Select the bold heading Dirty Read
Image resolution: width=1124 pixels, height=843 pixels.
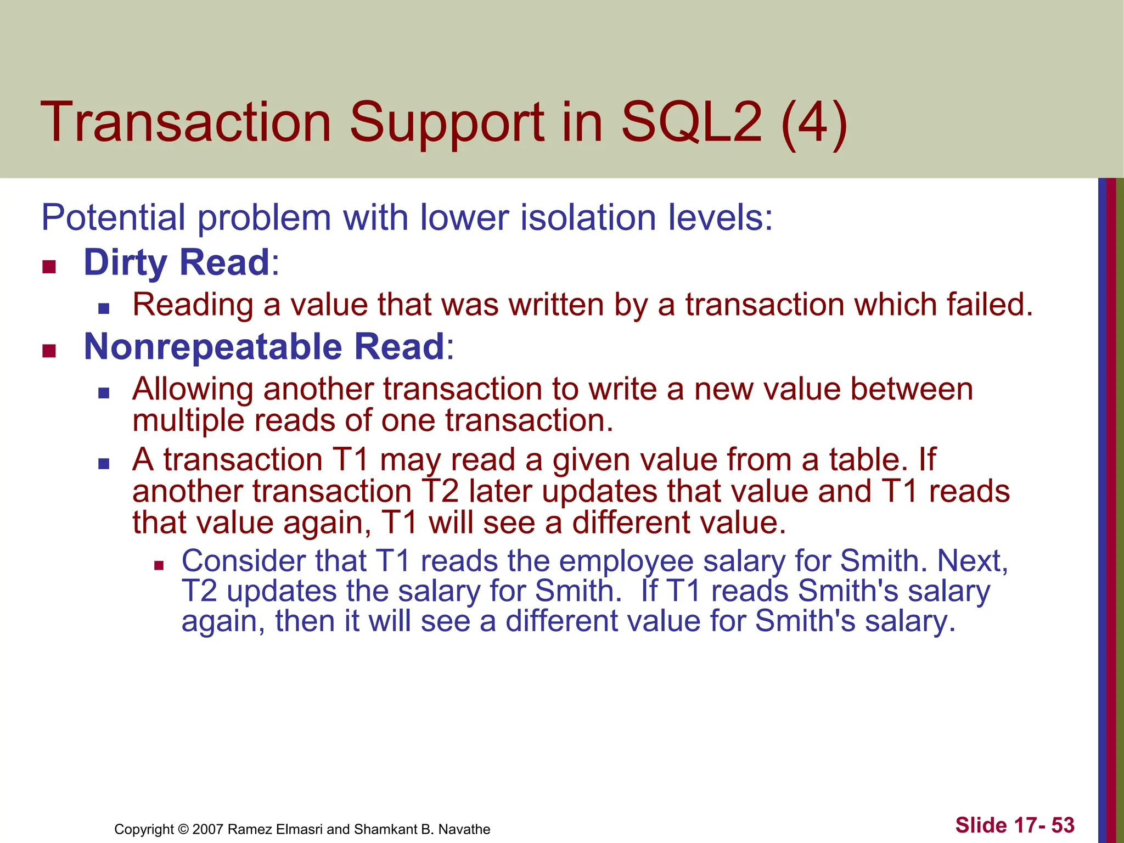pyautogui.click(x=176, y=262)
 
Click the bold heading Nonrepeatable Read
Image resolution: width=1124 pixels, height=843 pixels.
pyautogui.click(x=263, y=347)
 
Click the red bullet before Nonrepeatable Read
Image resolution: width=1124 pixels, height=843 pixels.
pyautogui.click(x=49, y=351)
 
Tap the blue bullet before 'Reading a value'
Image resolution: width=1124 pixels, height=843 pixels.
pyautogui.click(x=104, y=308)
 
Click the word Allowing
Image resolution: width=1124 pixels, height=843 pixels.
pyautogui.click(x=193, y=390)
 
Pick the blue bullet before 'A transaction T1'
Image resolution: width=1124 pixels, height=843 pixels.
pyautogui.click(x=104, y=464)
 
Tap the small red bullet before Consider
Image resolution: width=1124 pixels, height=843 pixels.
pyautogui.click(x=159, y=565)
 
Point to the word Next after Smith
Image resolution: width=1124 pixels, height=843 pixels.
pyautogui.click(x=971, y=561)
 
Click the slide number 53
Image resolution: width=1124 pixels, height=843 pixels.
pyautogui.click(x=1063, y=825)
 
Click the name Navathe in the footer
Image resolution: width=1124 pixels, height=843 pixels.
pyautogui.click(x=464, y=829)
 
